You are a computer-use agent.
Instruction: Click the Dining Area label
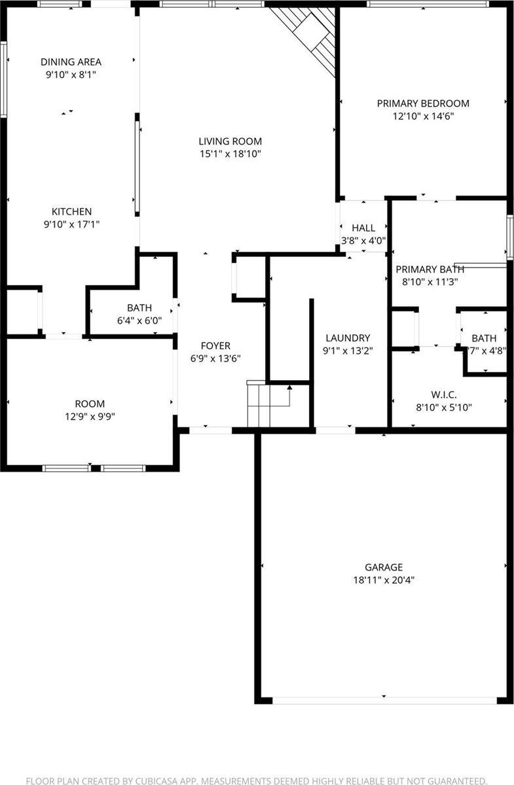coord(71,62)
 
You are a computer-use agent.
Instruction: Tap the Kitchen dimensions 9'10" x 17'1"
coord(71,224)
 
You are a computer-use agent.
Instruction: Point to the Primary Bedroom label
coord(423,103)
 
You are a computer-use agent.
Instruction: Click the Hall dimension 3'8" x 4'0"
coord(363,240)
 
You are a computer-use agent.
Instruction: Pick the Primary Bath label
coord(430,269)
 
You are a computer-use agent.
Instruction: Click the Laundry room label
coord(348,338)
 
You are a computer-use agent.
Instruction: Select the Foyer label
coord(215,345)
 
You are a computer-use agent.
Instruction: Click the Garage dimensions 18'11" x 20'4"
coord(384,580)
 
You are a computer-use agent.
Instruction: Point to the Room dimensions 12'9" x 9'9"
coord(90,416)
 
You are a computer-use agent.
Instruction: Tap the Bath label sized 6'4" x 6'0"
coord(139,307)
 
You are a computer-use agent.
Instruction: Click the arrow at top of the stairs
coord(289,391)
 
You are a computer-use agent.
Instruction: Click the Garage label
coord(384,567)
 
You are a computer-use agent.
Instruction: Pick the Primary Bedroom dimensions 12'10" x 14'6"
coord(423,116)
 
